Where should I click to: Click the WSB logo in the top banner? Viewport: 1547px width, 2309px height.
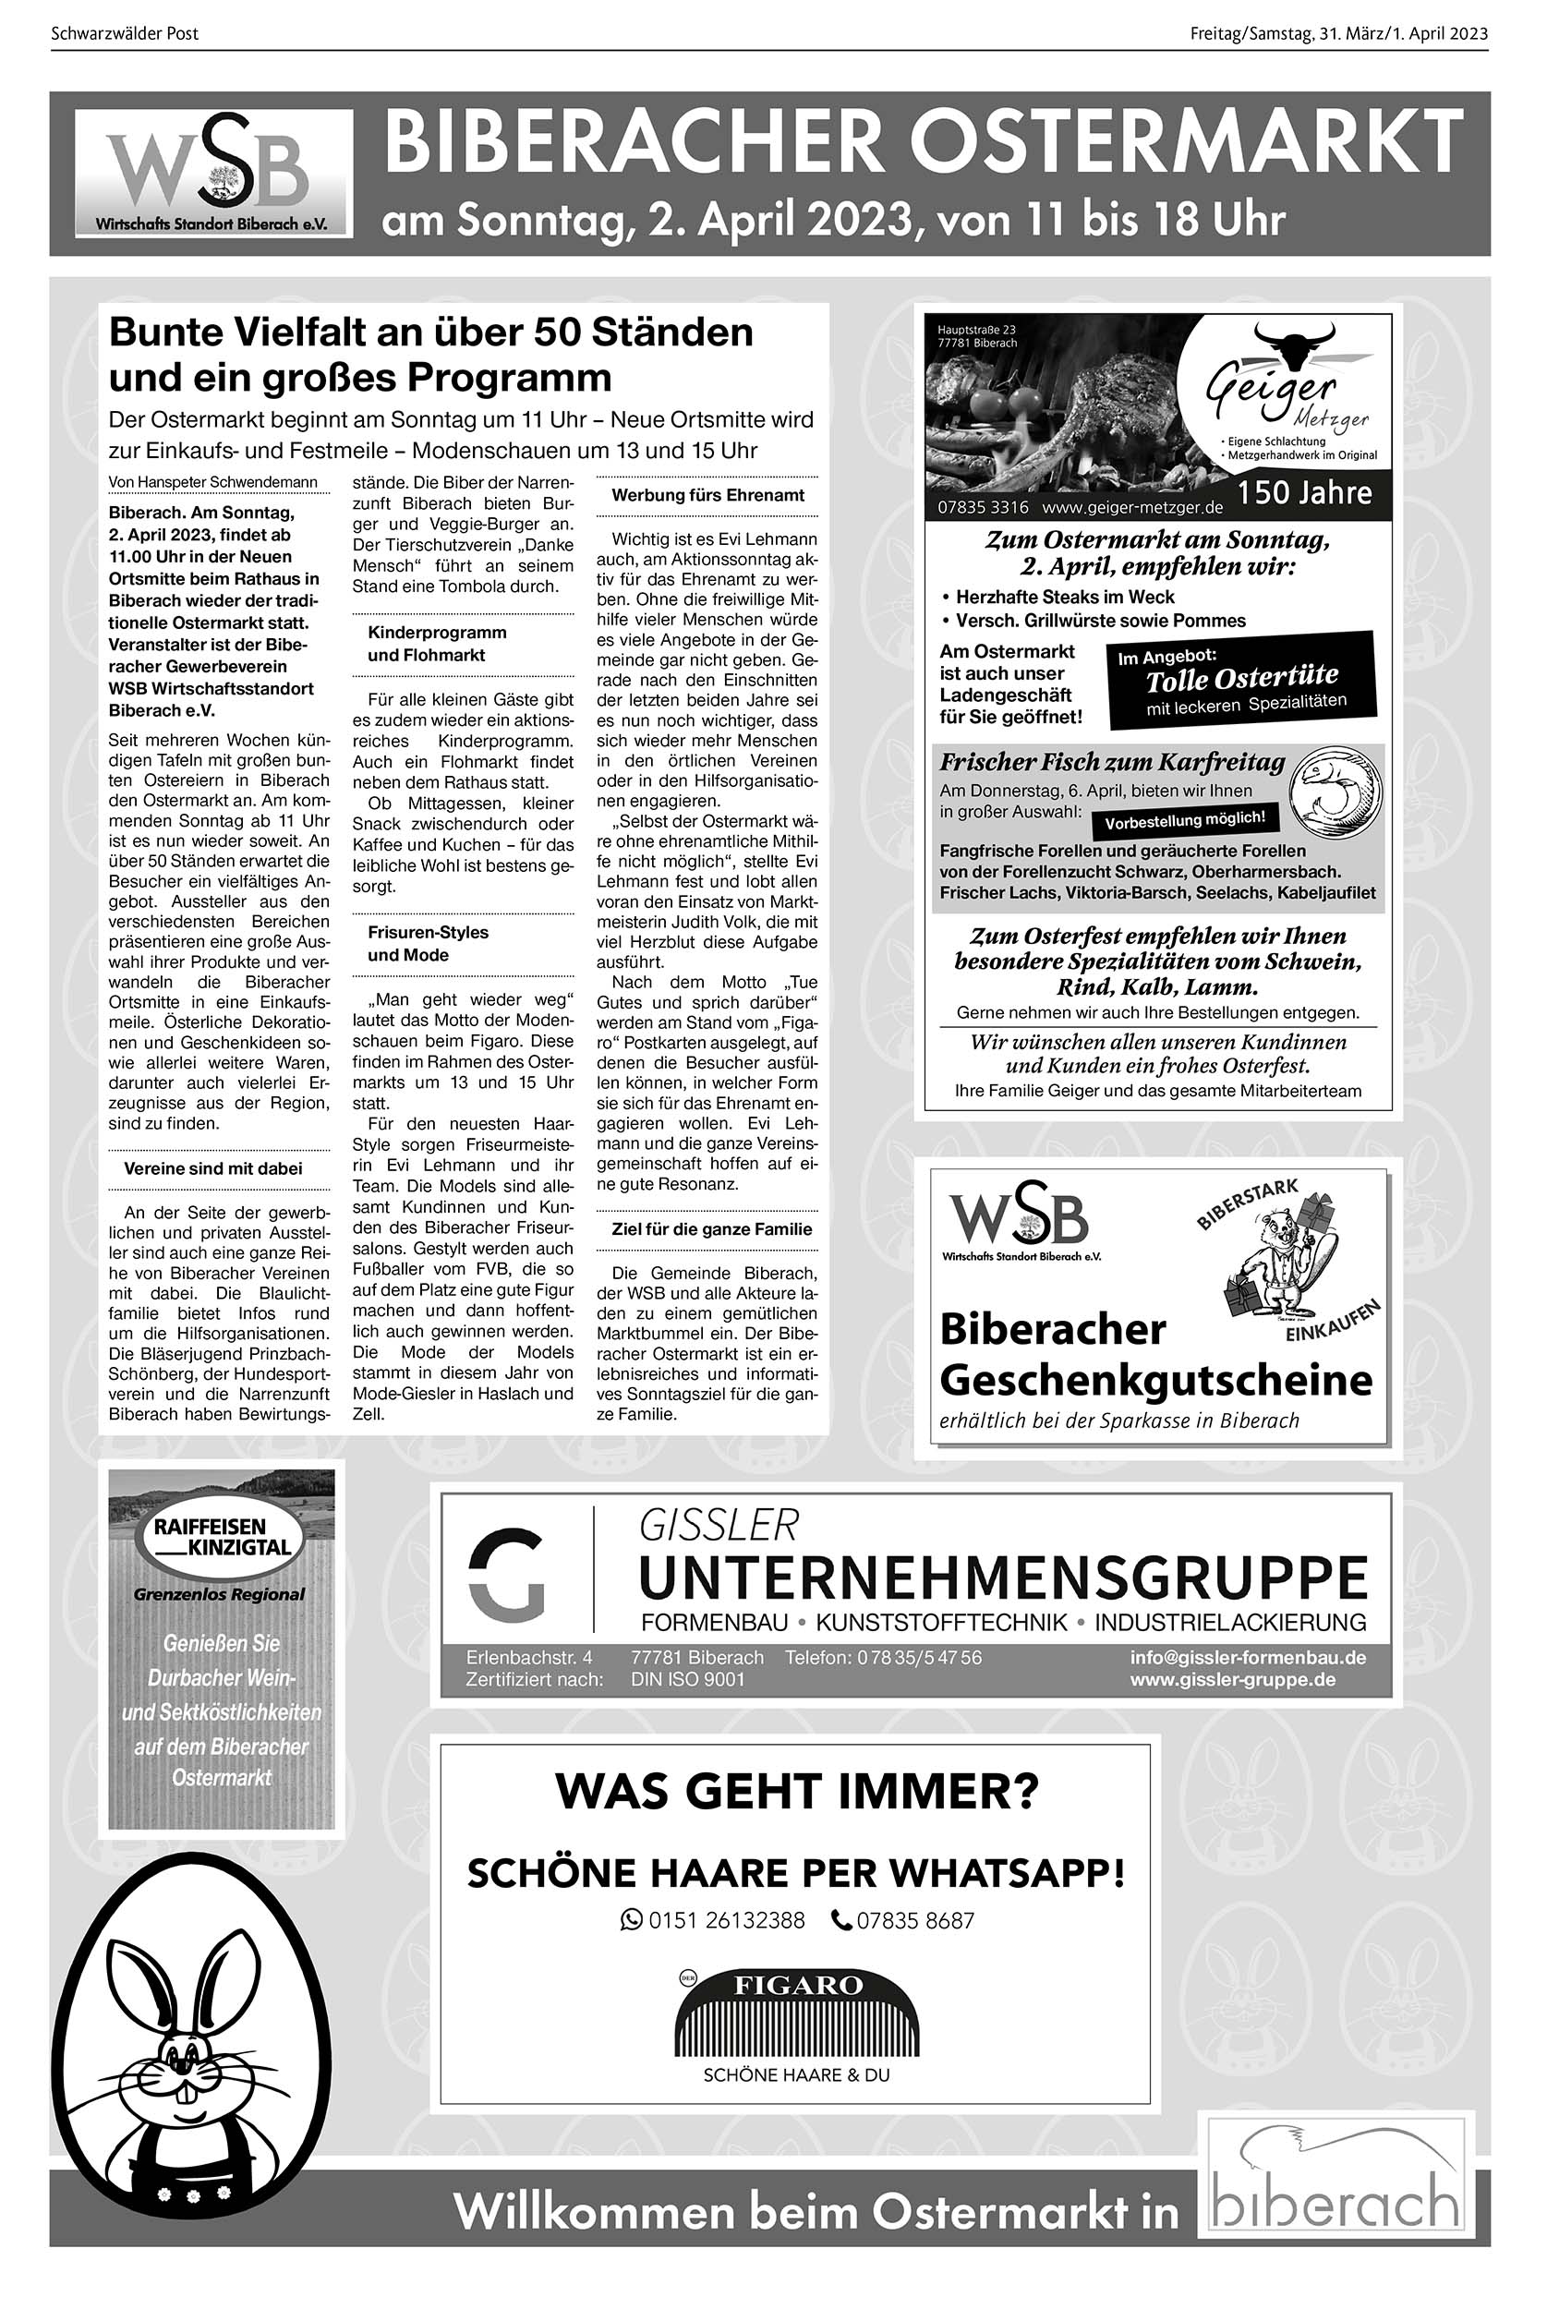(213, 174)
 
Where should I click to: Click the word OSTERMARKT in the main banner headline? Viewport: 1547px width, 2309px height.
(1186, 144)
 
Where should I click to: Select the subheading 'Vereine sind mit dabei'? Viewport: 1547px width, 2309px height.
(213, 1168)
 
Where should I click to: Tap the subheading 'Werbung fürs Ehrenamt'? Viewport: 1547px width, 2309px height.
(707, 495)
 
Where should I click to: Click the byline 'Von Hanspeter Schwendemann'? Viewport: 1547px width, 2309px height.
(213, 482)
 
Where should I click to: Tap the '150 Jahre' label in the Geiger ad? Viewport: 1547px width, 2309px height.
(1304, 492)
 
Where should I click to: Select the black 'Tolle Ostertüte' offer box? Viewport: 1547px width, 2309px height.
(1241, 680)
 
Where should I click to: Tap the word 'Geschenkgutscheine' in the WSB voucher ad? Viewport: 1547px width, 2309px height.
(1155, 1380)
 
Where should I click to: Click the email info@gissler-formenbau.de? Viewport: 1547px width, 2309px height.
(1247, 1657)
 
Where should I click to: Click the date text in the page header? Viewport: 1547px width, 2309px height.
(1338, 33)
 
